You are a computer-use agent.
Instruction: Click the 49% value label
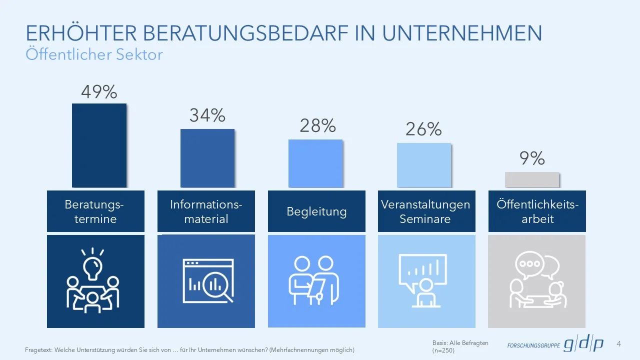(x=99, y=91)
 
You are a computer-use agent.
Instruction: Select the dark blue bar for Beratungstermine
(x=99, y=145)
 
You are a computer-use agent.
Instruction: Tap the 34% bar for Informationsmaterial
(x=207, y=158)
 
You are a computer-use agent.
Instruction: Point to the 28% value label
(x=317, y=125)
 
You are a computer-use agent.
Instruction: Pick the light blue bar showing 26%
(x=424, y=165)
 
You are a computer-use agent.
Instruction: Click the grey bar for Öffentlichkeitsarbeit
(x=532, y=179)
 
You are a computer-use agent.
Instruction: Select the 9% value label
(x=532, y=158)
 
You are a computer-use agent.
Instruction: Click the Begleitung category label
(x=316, y=211)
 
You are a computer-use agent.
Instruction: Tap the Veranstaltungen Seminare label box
(x=426, y=211)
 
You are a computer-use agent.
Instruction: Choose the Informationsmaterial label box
(x=206, y=211)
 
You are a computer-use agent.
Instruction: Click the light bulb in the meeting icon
(x=92, y=267)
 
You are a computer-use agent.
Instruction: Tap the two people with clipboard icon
(x=313, y=280)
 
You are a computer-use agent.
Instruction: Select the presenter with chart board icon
(x=423, y=280)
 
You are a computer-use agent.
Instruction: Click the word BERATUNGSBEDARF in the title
(x=245, y=33)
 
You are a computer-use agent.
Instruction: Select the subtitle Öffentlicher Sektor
(x=94, y=54)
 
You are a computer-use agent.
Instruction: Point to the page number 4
(x=619, y=343)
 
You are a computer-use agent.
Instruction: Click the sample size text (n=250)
(x=443, y=350)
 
